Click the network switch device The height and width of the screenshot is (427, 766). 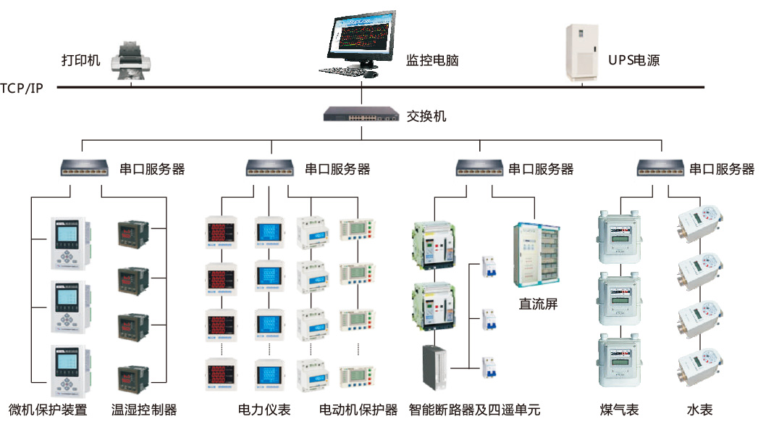coord(361,115)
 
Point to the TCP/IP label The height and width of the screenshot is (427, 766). coord(21,88)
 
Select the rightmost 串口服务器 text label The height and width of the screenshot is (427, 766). coord(721,170)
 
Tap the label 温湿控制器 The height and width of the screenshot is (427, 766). coord(144,410)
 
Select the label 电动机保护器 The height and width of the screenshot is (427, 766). coord(358,410)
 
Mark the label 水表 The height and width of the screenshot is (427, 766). coord(699,410)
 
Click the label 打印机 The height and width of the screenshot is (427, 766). coord(80,60)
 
